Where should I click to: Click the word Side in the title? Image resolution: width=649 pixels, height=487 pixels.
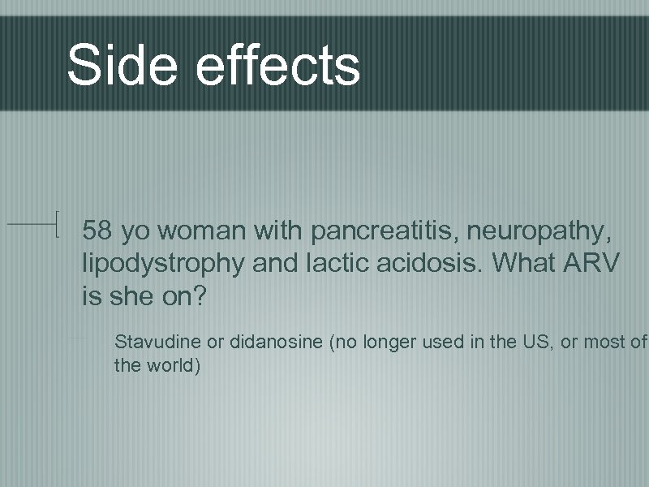(122, 64)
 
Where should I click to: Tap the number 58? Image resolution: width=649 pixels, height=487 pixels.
(97, 231)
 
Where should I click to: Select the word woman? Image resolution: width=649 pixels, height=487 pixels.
(202, 231)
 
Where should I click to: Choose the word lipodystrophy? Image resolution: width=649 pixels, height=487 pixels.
(161, 263)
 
